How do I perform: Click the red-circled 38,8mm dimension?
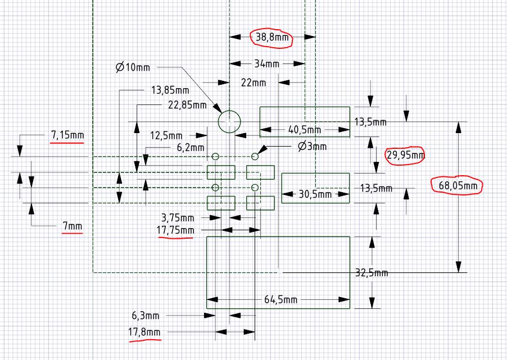pyautogui.click(x=273, y=38)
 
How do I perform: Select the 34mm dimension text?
pyautogui.click(x=267, y=64)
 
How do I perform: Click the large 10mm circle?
pyautogui.click(x=229, y=121)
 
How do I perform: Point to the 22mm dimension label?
pyautogui.click(x=254, y=83)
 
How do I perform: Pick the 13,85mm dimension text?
pyautogui.click(x=170, y=90)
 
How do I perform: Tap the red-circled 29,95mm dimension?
pyautogui.click(x=404, y=156)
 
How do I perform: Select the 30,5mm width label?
pyautogui.click(x=315, y=194)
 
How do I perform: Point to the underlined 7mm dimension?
pyautogui.click(x=72, y=226)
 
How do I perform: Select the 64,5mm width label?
pyautogui.click(x=280, y=299)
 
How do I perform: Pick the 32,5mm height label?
pyautogui.click(x=372, y=273)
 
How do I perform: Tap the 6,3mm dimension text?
pyautogui.click(x=146, y=316)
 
